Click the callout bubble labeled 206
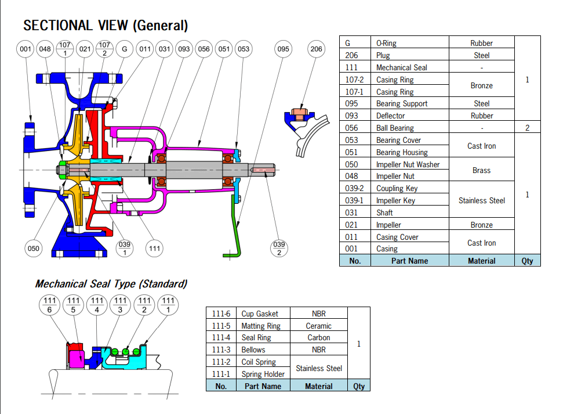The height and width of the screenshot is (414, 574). pos(316,49)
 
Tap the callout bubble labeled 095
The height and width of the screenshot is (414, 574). pos(283,49)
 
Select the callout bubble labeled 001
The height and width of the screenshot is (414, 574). pos(26,49)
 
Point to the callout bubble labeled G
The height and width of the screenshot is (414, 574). pos(124,49)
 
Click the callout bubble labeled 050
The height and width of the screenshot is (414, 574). pos(34,249)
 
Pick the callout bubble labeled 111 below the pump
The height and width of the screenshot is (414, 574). pos(154,249)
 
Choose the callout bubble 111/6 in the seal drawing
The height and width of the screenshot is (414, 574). pos(49,305)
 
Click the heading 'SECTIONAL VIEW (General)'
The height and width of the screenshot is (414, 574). pos(106,26)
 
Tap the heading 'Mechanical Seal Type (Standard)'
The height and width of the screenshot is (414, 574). pos(111,284)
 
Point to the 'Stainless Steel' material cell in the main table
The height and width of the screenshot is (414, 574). pos(481,200)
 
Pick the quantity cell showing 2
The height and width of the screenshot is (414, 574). pos(527,128)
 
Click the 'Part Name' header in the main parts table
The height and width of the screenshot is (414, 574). pos(409,261)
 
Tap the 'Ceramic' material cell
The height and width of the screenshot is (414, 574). pos(318,326)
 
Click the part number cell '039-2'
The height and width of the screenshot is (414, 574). pos(355,188)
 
